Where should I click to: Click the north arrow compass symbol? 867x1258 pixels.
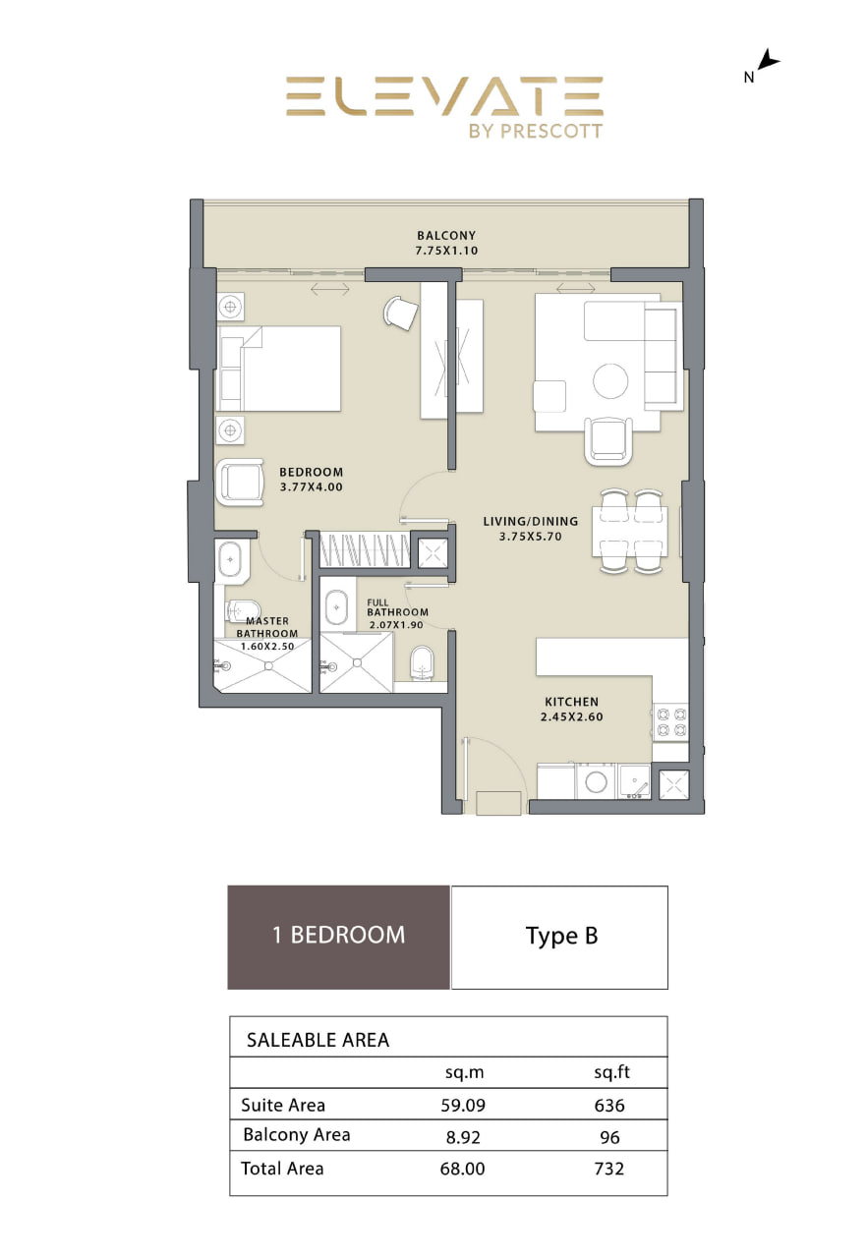coord(767,60)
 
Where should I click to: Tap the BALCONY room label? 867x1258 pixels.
coord(446,235)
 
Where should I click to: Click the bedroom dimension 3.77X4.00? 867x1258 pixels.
coord(311,486)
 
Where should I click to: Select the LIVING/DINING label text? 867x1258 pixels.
coord(530,521)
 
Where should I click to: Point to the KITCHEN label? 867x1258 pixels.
coord(571,702)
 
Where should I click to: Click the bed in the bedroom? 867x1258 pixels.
coord(278,369)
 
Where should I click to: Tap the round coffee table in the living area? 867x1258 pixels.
coord(609,380)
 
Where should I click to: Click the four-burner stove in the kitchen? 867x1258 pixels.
coord(671,722)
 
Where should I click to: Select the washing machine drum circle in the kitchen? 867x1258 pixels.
coord(596,782)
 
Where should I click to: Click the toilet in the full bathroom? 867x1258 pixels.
coord(423,663)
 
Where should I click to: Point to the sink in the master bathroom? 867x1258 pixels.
coord(230,559)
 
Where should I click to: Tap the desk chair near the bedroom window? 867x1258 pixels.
coord(400,314)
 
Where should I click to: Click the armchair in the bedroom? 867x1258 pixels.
coord(240,483)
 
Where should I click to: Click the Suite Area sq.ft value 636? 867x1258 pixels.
coord(608,1106)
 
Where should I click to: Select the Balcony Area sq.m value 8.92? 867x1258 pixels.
coord(463,1137)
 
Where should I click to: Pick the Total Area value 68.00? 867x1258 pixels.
coord(462,1169)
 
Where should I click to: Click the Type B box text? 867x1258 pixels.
coord(561,937)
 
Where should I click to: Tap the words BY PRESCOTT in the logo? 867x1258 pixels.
coord(535,131)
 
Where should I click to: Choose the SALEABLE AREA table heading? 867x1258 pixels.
coord(318,1040)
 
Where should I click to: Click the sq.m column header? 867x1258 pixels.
coord(464,1072)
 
